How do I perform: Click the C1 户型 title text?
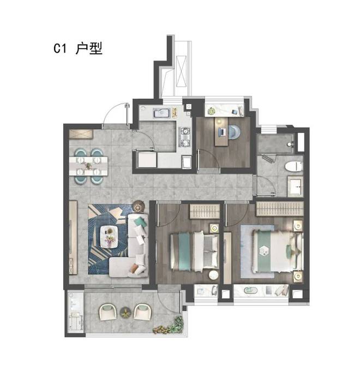77,49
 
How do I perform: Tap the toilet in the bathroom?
294,166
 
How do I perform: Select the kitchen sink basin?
162,113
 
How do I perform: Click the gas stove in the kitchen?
185,137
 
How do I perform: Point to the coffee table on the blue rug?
109,237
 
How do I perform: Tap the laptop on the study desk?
221,132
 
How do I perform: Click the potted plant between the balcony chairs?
126,312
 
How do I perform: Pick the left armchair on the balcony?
108,312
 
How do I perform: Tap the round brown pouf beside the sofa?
139,206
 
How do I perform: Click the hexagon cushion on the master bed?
265,251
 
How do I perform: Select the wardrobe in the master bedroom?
280,209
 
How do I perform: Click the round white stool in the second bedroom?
213,275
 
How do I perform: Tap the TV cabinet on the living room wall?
73,237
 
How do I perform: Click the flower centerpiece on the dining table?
88,166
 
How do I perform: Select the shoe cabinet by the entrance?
81,134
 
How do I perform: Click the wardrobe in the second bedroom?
205,212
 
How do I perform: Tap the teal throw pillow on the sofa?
140,221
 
